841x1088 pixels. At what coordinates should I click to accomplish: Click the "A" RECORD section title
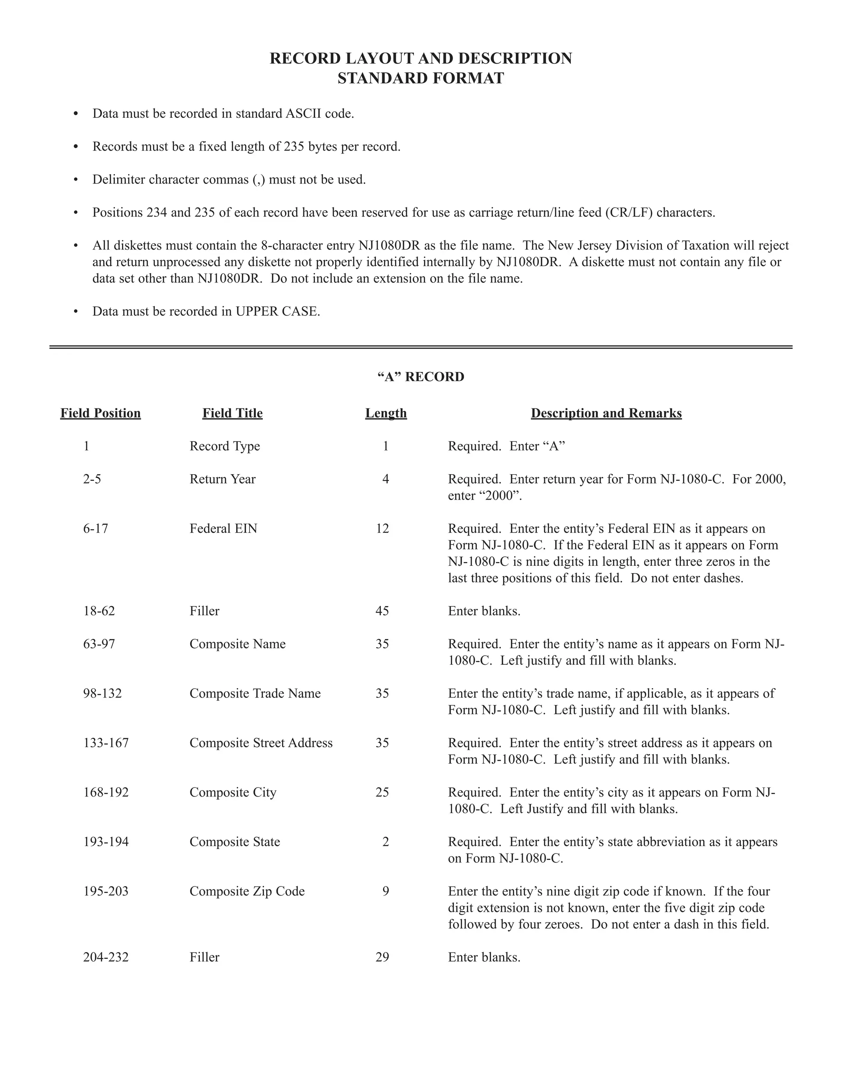pyautogui.click(x=420, y=376)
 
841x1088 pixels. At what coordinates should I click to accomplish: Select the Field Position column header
pyautogui.click(x=101, y=413)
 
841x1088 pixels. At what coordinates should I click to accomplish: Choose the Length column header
pyautogui.click(x=386, y=413)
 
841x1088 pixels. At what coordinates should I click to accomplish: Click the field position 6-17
pyautogui.click(x=96, y=528)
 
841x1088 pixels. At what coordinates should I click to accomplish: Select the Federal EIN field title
pyautogui.click(x=223, y=528)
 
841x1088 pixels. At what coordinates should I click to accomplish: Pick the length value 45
pyautogui.click(x=382, y=611)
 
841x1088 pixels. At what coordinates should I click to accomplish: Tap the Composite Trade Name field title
pyautogui.click(x=255, y=693)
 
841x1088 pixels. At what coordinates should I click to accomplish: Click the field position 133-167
pyautogui.click(x=106, y=743)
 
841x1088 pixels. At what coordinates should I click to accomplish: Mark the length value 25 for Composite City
pyautogui.click(x=382, y=792)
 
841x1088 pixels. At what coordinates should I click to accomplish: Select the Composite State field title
pyautogui.click(x=234, y=842)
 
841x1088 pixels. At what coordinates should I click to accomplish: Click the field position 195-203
pyautogui.click(x=106, y=891)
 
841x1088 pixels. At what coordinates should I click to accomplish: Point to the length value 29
pyautogui.click(x=382, y=957)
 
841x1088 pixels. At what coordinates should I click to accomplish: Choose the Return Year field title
pyautogui.click(x=222, y=479)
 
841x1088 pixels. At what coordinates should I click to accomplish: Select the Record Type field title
pyautogui.click(x=225, y=446)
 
